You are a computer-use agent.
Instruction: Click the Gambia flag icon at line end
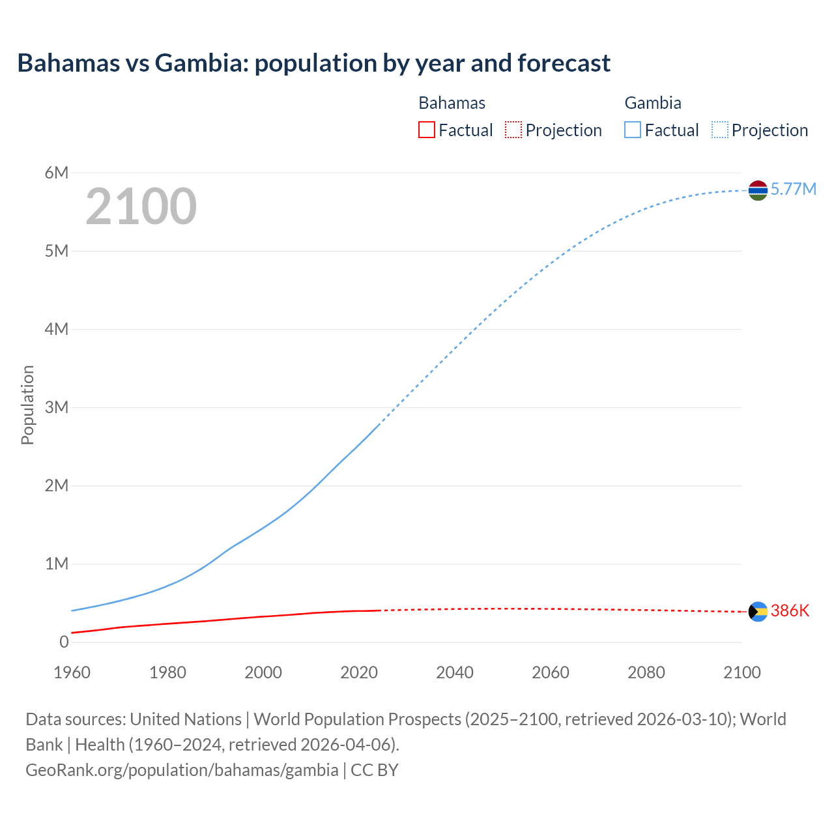point(758,190)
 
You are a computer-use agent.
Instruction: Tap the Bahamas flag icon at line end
point(758,611)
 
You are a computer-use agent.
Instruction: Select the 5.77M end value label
point(793,189)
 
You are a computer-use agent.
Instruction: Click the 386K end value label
point(790,611)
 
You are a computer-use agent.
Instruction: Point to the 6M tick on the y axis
point(57,173)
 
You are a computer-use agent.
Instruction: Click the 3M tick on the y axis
point(57,407)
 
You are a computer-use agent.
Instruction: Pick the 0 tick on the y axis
point(64,642)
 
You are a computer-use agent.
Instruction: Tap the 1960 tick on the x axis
point(72,672)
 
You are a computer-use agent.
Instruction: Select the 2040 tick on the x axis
point(455,672)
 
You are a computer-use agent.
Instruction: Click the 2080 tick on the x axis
point(646,672)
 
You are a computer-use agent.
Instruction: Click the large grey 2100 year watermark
point(141,206)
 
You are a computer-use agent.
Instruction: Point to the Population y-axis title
point(27,405)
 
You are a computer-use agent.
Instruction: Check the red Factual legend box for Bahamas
point(426,130)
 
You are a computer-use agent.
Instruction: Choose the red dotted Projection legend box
point(513,130)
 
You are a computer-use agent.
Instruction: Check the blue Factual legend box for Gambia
point(633,130)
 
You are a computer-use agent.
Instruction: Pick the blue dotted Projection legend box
point(720,130)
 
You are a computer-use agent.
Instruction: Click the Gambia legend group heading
point(653,103)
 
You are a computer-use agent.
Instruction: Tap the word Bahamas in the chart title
point(69,63)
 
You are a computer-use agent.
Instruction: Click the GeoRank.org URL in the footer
point(182,769)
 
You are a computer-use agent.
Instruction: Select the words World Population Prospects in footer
point(357,719)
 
